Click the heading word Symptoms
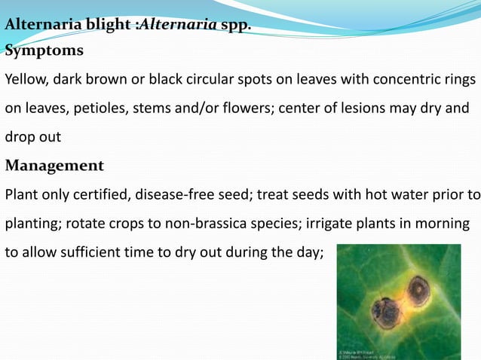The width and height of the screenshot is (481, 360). [x=44, y=51]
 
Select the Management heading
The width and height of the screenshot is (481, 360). [x=54, y=165]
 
